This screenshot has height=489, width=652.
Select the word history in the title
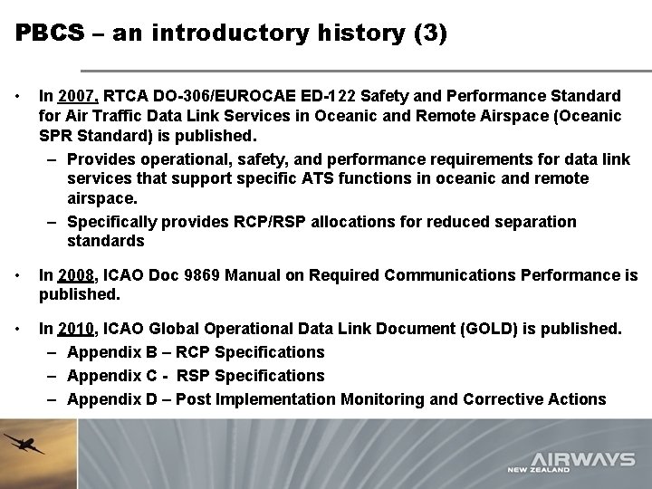[307, 34]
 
